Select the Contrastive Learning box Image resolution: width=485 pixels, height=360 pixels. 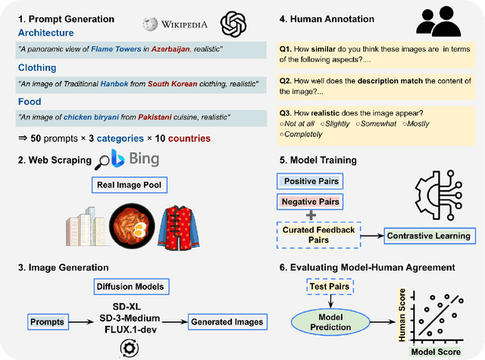coord(428,236)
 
